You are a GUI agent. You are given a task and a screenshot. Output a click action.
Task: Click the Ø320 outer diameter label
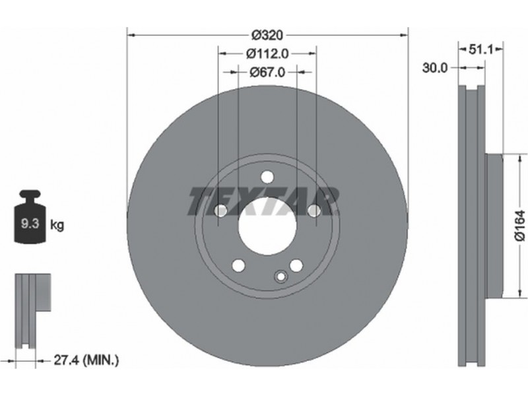tap(268, 35)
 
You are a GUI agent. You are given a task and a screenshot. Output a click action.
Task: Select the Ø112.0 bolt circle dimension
tap(267, 53)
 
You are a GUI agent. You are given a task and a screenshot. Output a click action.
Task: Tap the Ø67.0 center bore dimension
tap(267, 72)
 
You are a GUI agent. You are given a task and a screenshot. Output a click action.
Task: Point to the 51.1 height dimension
tap(481, 50)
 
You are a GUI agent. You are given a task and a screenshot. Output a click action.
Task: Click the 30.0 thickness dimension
tap(435, 68)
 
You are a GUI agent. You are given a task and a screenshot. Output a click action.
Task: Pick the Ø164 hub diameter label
tap(520, 226)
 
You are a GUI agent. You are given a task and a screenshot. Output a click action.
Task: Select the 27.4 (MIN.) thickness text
tap(86, 360)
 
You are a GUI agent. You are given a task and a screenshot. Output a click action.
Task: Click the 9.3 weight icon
tap(29, 216)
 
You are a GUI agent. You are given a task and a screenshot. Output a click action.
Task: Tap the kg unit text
tap(57, 224)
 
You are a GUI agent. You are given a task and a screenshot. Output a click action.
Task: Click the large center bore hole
tap(268, 226)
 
